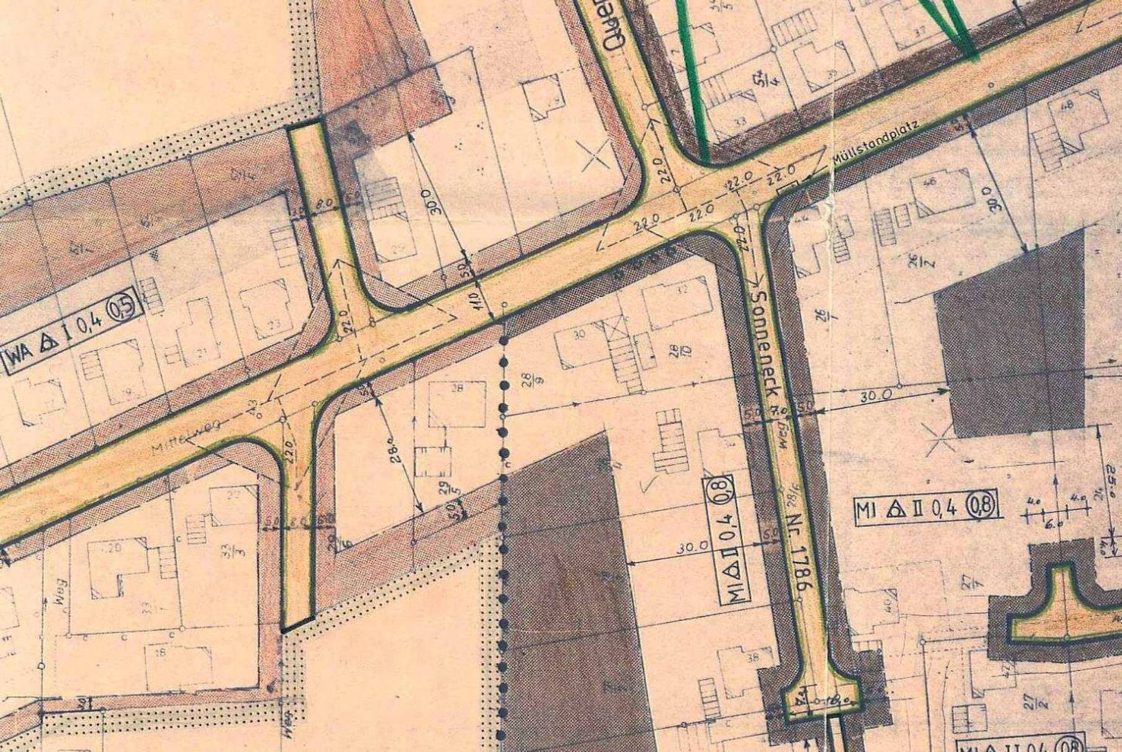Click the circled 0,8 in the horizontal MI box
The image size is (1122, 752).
(984, 507)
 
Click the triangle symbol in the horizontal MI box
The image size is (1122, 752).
(895, 510)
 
